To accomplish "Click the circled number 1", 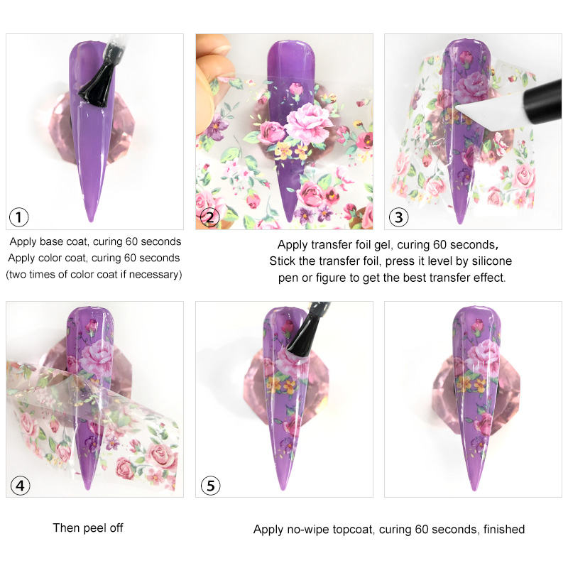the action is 18,217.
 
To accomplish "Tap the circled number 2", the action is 209,217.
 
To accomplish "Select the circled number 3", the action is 398,217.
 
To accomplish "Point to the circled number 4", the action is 20,486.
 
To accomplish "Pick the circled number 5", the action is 210,486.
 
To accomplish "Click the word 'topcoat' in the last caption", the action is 352,530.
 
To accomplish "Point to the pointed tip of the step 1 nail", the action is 91,220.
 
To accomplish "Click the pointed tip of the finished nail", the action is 474,489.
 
